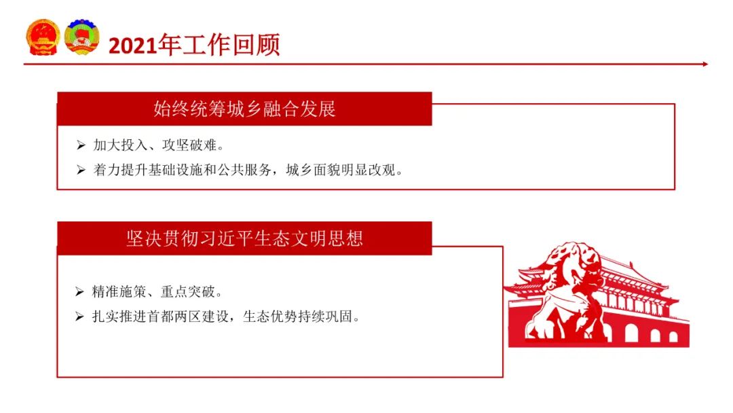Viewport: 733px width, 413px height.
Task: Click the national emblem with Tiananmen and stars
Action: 43,37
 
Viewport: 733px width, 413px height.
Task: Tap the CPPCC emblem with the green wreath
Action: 82,37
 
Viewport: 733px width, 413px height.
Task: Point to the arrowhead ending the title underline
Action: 705,64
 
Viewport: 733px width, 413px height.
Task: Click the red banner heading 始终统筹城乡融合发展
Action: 244,109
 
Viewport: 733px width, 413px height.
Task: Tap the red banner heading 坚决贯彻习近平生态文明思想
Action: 244,238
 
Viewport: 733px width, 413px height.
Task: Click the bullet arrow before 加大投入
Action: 81,145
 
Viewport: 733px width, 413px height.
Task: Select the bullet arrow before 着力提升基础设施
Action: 81,170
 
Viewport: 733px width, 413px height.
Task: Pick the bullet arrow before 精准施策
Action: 79,292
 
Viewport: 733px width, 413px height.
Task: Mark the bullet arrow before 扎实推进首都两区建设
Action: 79,317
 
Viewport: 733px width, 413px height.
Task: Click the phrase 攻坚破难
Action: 189,145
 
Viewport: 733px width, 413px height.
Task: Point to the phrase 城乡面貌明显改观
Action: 341,170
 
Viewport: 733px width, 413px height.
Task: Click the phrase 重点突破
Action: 188,292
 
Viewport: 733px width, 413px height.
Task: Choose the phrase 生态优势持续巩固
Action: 298,317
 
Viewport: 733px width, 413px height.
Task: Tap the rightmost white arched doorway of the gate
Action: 674,337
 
